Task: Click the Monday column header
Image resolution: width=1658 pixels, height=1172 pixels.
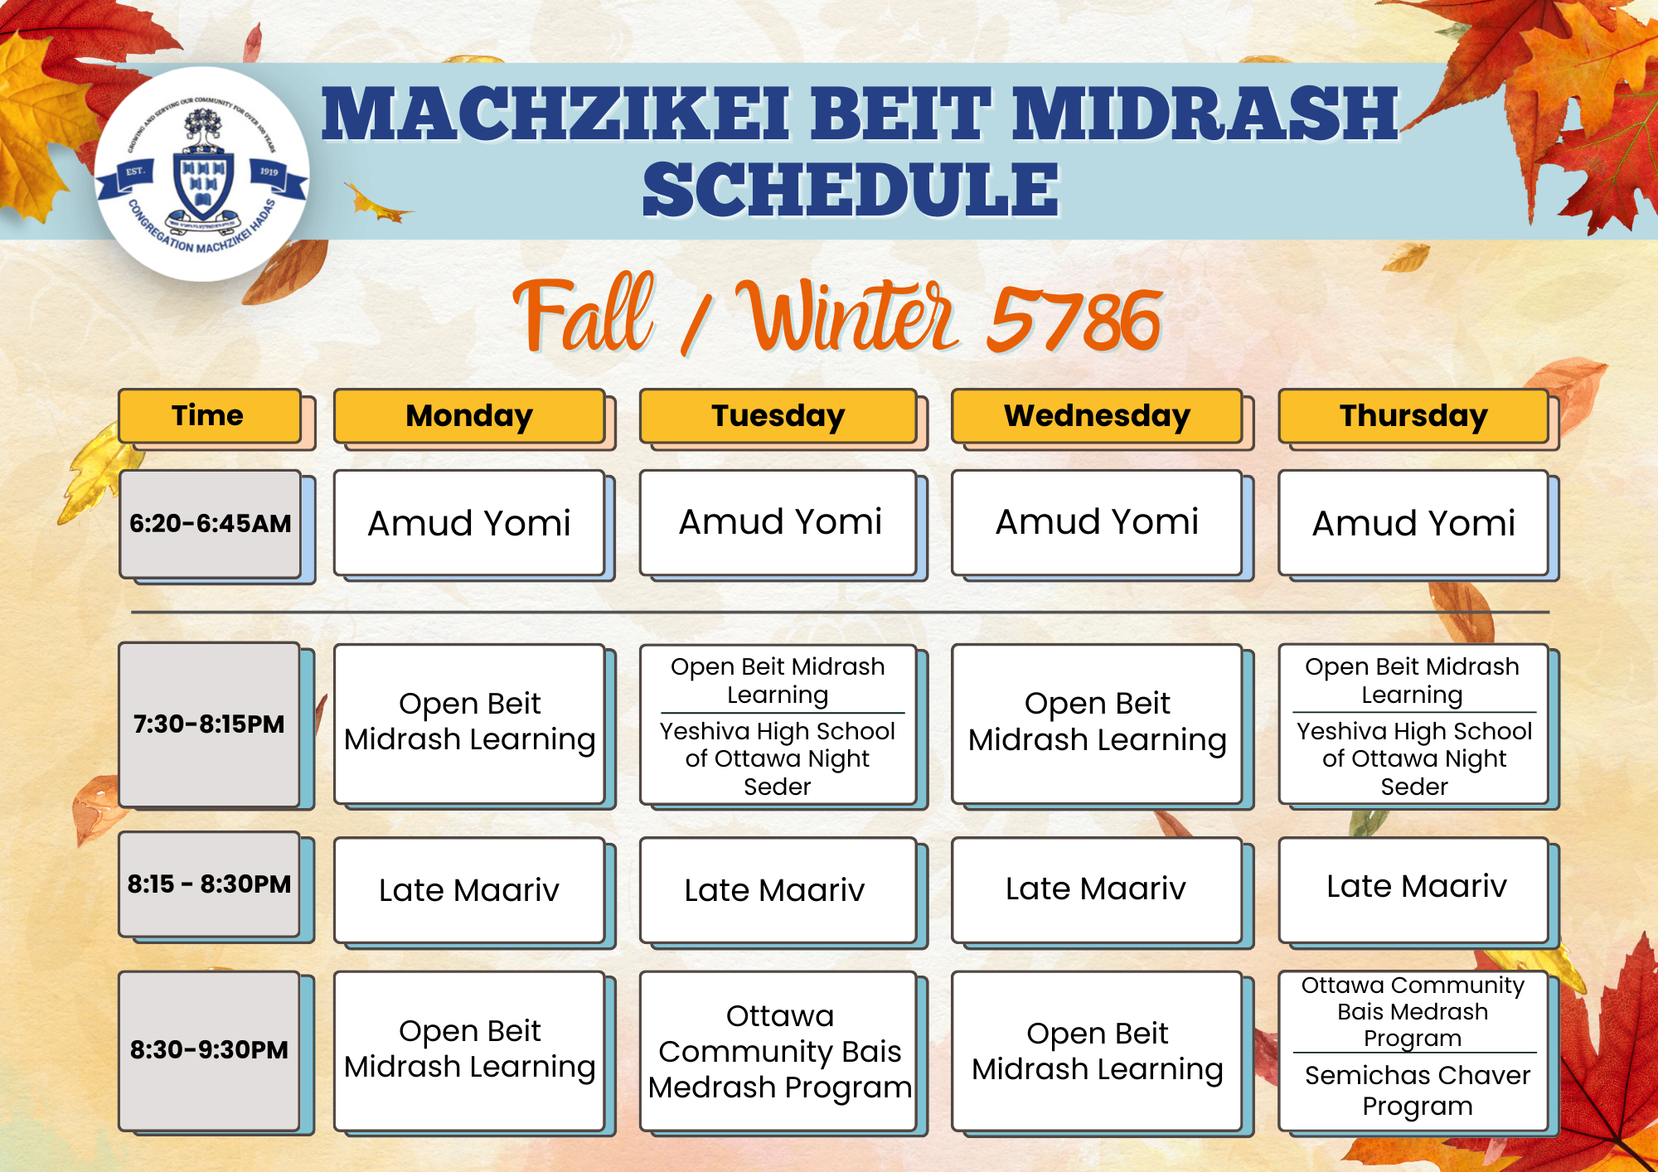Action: tap(469, 416)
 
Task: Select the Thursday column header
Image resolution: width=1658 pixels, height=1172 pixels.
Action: tap(1413, 416)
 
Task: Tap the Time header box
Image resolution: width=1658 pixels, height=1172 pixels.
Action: tap(209, 416)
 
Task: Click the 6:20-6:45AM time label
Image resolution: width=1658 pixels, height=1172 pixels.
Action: tap(211, 524)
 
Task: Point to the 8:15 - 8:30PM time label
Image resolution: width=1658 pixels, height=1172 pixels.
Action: tap(209, 884)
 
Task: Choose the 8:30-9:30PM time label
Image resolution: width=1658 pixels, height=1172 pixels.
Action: tap(209, 1050)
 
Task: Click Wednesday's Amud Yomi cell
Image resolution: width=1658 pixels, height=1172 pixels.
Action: tap(1097, 522)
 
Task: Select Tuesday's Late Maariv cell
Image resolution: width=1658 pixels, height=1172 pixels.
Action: tap(778, 890)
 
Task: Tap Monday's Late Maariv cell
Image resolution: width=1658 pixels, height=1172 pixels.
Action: tap(469, 890)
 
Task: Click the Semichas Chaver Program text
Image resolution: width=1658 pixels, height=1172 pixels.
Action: tap(1418, 1090)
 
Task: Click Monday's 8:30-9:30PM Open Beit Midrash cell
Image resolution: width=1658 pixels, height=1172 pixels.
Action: tap(469, 1051)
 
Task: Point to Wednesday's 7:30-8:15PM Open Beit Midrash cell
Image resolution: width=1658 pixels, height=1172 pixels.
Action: tap(1097, 724)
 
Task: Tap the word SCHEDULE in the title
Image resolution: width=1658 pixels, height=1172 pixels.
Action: tap(851, 190)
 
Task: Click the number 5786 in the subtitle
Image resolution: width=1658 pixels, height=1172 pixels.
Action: tap(1074, 320)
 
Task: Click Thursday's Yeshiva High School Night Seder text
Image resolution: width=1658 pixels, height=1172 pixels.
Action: tap(1414, 758)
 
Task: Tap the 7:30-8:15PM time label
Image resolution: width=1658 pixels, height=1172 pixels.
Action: tap(209, 724)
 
